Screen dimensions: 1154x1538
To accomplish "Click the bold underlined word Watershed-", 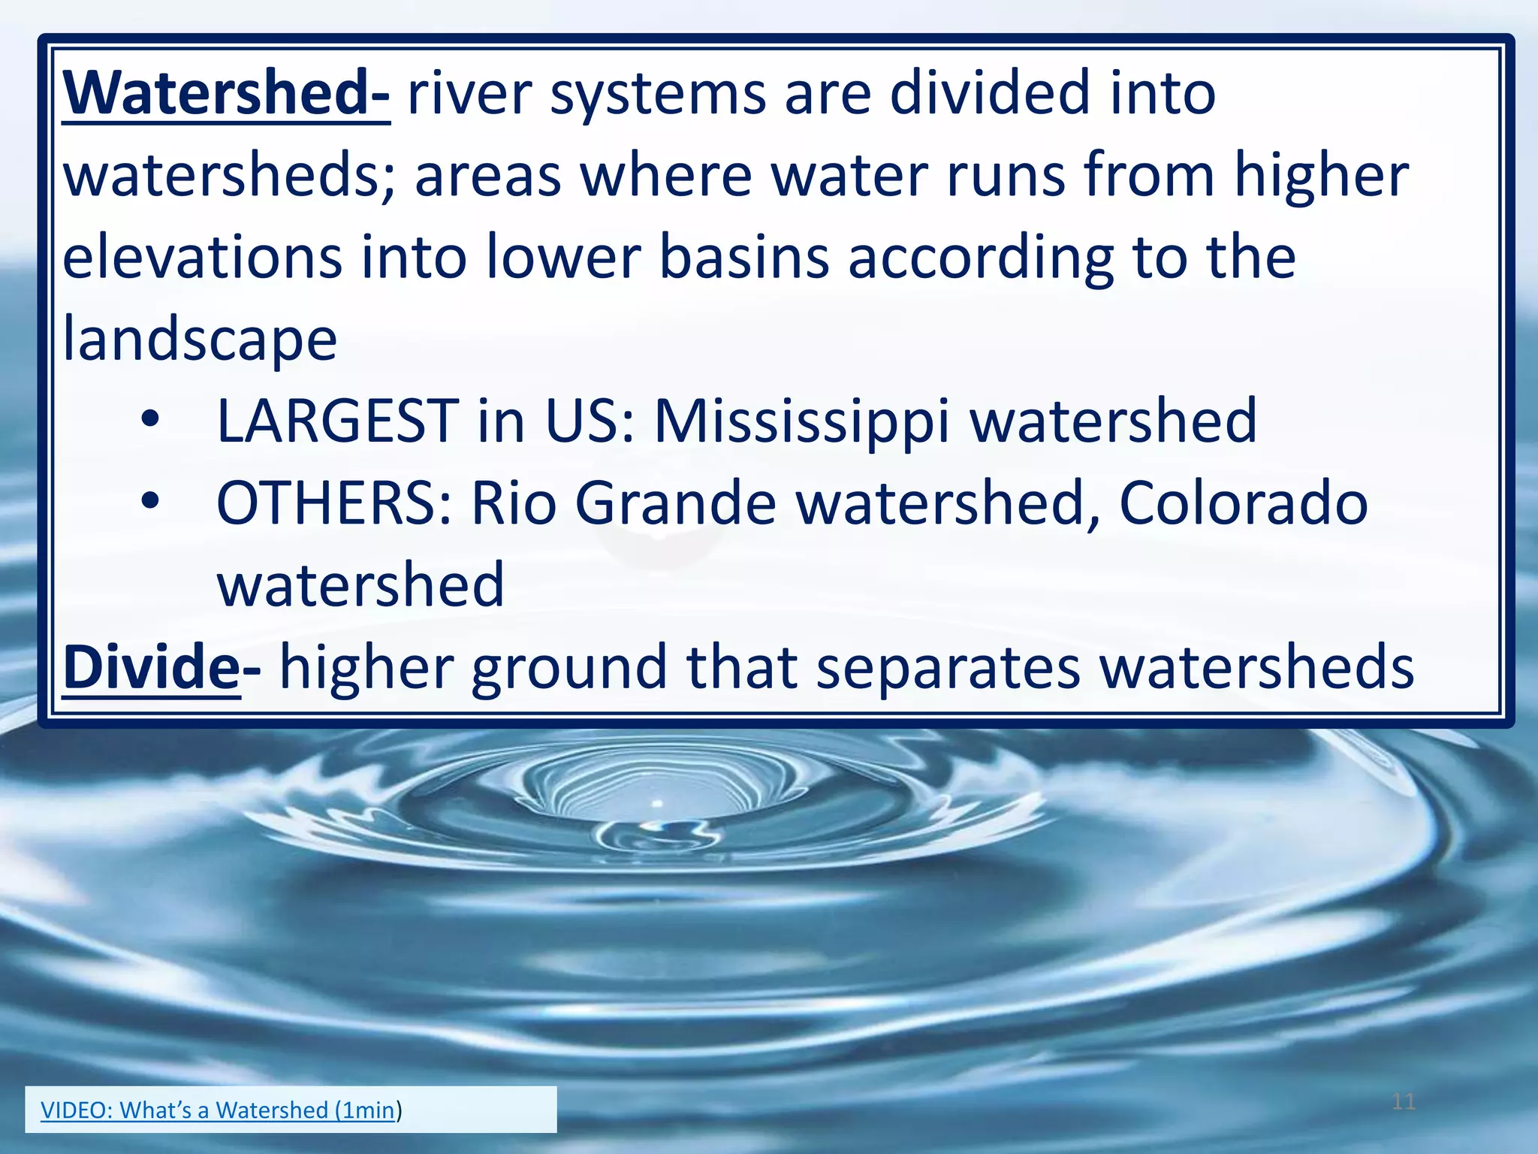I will (x=225, y=94).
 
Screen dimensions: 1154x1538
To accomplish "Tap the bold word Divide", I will (x=151, y=667).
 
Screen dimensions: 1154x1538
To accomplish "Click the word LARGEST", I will (x=337, y=421).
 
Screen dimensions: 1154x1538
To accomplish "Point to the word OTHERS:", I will (x=334, y=503).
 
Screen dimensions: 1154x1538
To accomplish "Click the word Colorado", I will (x=1243, y=503).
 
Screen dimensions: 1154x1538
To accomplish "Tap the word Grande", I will (x=675, y=503).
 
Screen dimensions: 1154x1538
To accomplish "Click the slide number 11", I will (x=1403, y=1102).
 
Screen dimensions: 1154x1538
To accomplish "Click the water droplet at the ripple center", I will (x=658, y=804).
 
